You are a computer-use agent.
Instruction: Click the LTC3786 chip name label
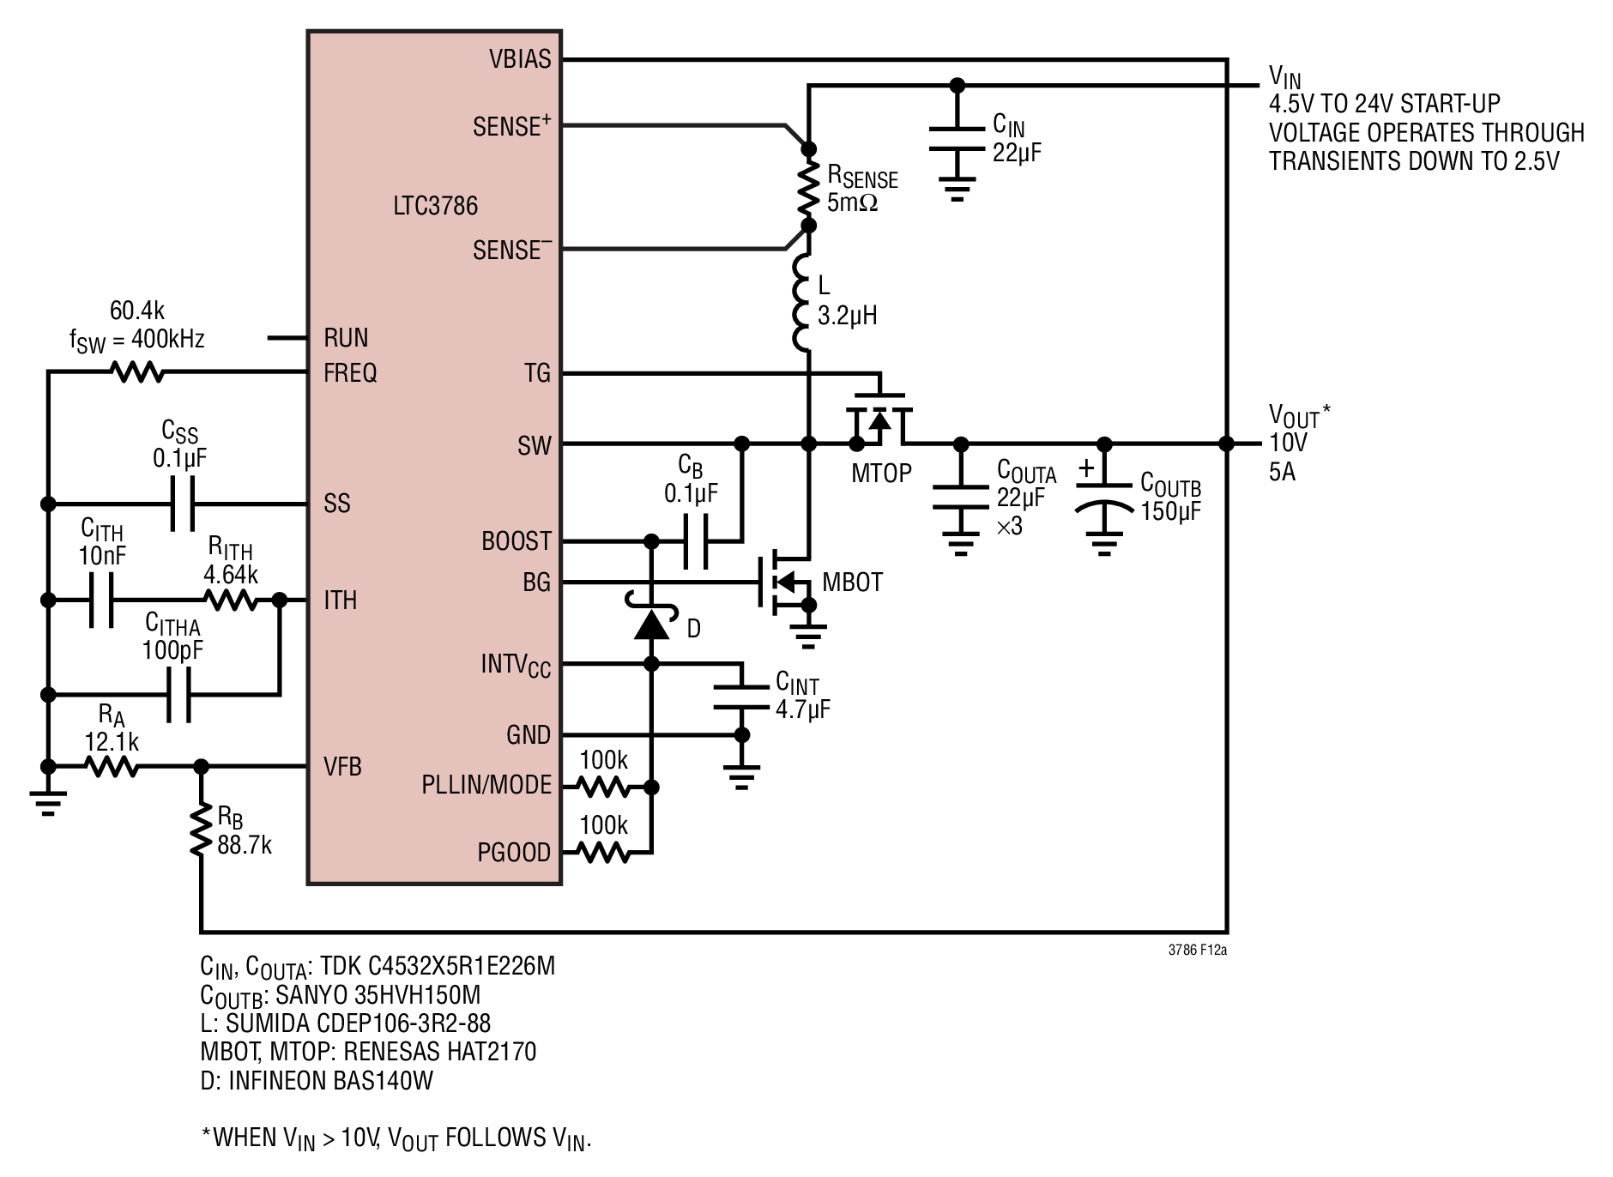pos(435,206)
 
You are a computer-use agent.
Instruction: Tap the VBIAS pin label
pos(520,59)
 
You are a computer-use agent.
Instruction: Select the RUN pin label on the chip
pos(346,338)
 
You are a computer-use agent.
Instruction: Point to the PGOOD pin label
pos(514,853)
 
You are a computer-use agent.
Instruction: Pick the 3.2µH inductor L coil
pos(803,303)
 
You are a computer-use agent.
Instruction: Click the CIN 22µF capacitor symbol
pos(958,139)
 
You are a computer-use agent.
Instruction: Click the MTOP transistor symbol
pos(879,418)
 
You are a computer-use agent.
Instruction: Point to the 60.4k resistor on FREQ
pos(136,372)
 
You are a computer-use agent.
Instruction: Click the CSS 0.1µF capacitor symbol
pos(182,504)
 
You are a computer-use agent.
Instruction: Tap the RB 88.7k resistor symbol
pos(200,829)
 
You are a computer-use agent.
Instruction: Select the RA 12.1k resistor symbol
pos(112,766)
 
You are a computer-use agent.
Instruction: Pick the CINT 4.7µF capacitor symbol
pos(742,697)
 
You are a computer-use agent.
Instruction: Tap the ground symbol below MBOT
pos(808,635)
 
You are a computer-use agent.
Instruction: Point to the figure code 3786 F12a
pos(1197,950)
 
